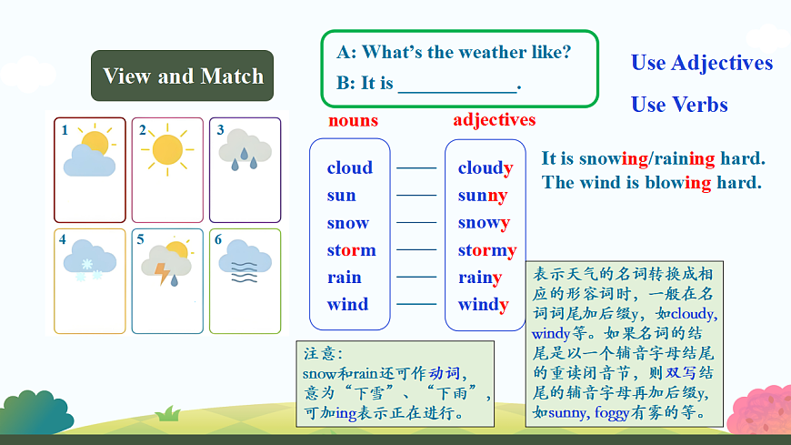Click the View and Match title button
[x=182, y=76]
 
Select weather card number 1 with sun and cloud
[x=88, y=169]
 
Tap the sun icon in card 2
[x=167, y=149]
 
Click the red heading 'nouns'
[x=353, y=120]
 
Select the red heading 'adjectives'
[x=494, y=120]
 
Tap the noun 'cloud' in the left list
[x=349, y=167]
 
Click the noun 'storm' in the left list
[x=351, y=250]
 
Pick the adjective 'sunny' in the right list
[x=483, y=196]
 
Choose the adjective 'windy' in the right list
[x=483, y=305]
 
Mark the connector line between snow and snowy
[x=416, y=222]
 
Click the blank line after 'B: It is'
[x=456, y=85]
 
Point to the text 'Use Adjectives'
[x=701, y=63]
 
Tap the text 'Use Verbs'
[x=679, y=105]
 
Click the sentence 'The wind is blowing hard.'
[x=651, y=182]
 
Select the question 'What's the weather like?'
[x=466, y=52]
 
